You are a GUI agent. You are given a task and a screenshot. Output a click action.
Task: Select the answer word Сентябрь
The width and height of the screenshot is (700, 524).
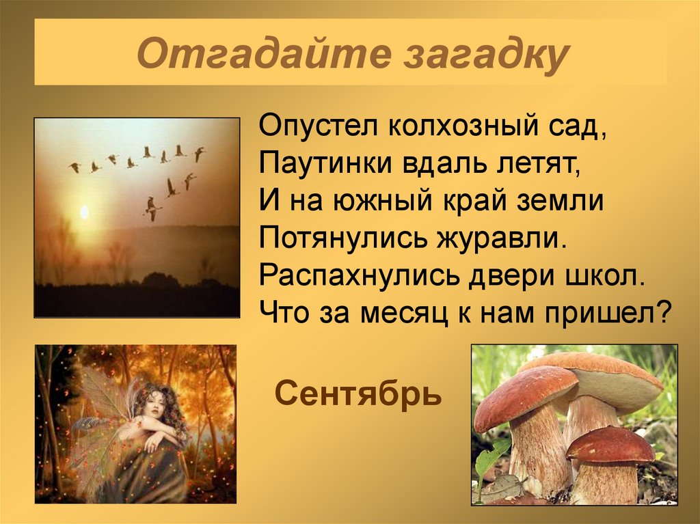pyautogui.click(x=358, y=393)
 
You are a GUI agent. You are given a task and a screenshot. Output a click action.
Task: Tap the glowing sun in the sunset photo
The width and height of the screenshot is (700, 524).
pyautogui.click(x=84, y=212)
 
